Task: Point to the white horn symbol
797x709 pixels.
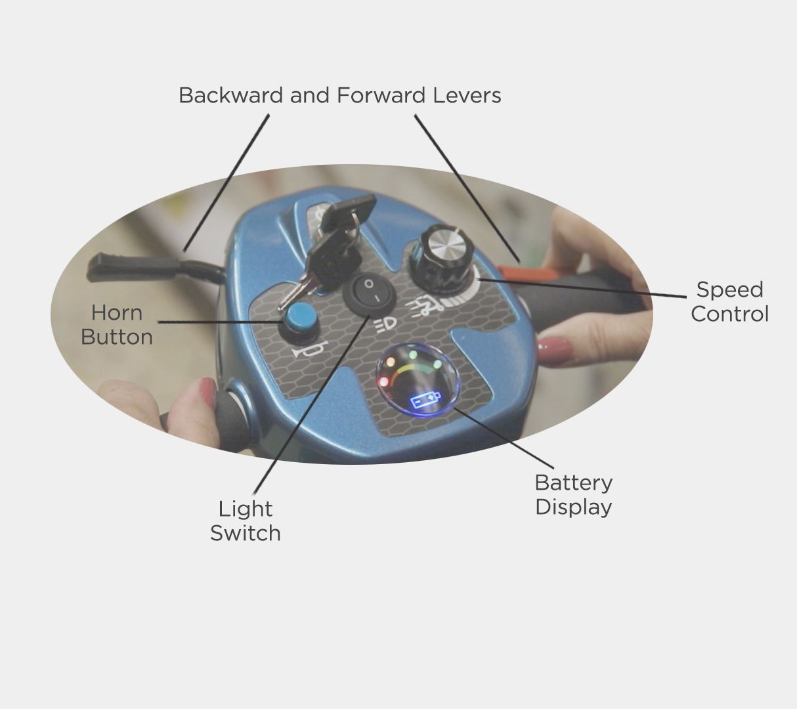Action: [x=311, y=349]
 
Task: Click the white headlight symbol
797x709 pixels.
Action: [x=385, y=326]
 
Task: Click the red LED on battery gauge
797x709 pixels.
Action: [x=383, y=381]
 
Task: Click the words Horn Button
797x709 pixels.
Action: [x=117, y=325]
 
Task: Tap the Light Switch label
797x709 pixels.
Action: [x=246, y=521]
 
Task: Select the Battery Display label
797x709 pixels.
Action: [x=574, y=495]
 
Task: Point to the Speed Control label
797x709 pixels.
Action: [x=730, y=302]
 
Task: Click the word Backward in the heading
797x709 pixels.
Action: [x=231, y=95]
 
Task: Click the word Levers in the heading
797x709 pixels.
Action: [x=467, y=95]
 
